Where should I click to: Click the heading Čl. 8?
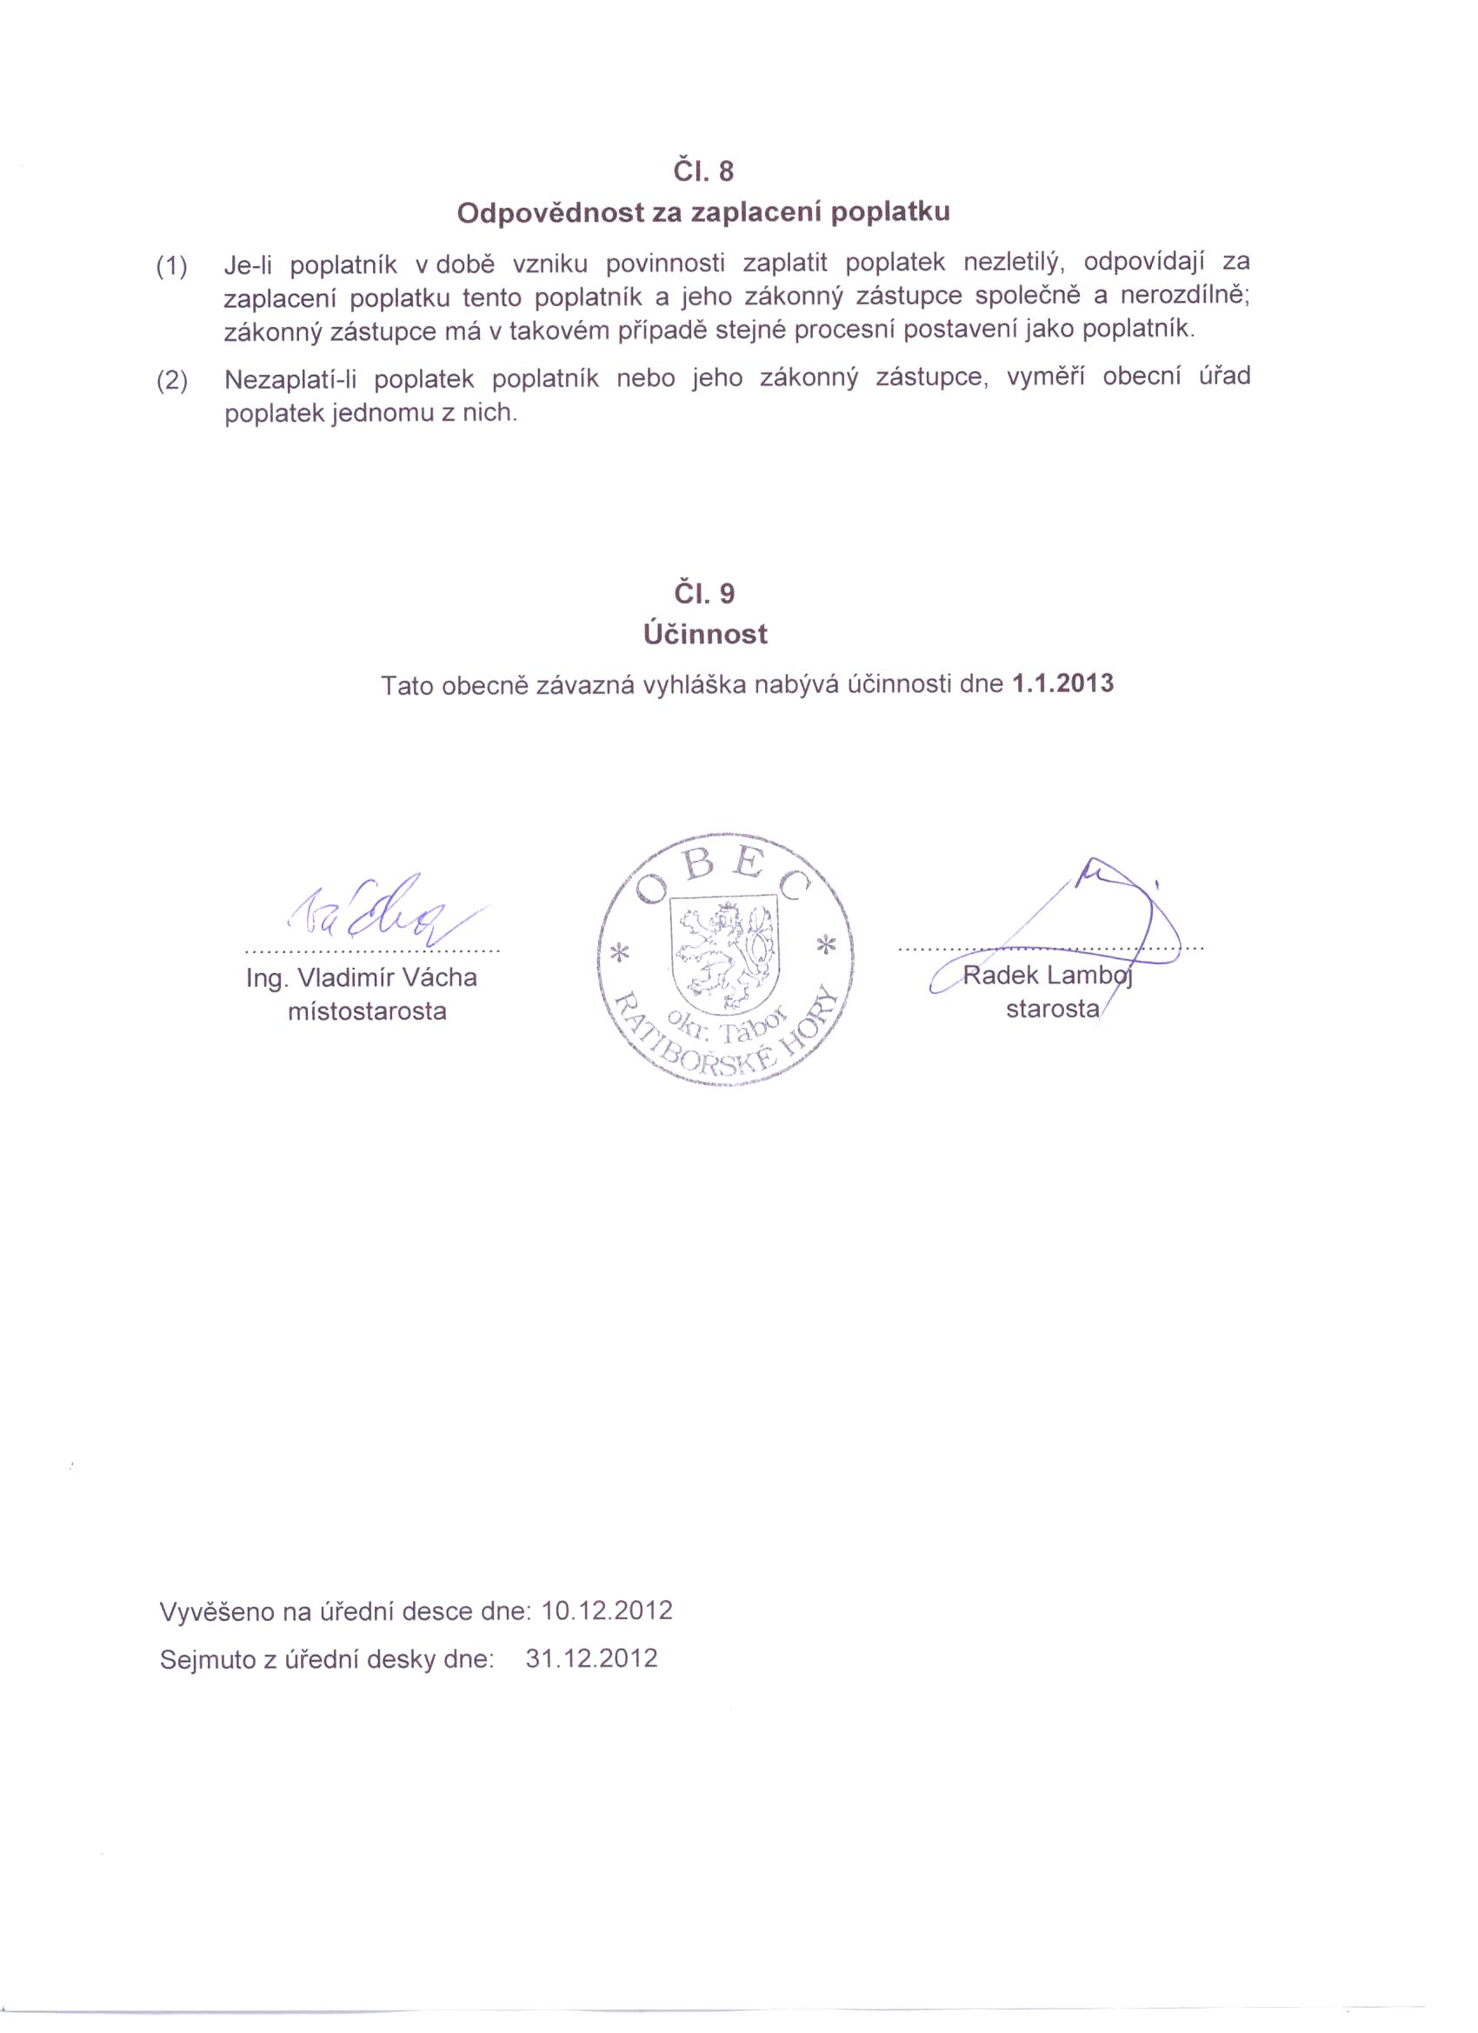click(x=702, y=170)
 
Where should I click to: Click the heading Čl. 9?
click(x=702, y=592)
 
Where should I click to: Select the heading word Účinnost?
click(x=704, y=635)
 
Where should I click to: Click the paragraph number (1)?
click(x=172, y=266)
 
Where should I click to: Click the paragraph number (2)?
click(x=172, y=381)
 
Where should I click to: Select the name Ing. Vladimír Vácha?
click(x=361, y=977)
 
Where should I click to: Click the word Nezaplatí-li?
click(x=290, y=380)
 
